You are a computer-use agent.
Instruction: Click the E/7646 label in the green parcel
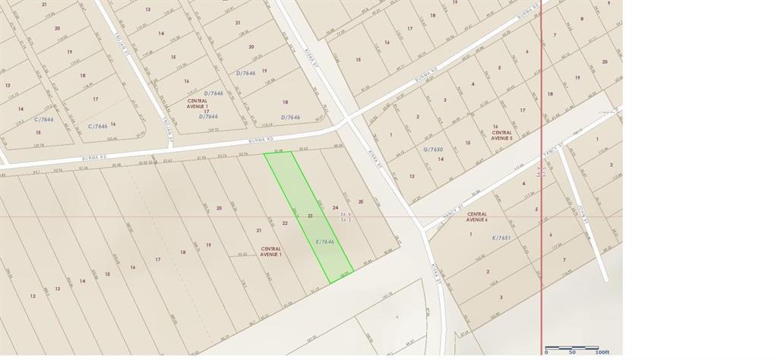(x=325, y=242)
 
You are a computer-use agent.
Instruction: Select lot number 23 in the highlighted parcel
(x=310, y=216)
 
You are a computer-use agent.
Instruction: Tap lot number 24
(x=335, y=207)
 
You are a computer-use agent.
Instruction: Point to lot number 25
(x=361, y=201)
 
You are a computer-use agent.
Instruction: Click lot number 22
(x=285, y=223)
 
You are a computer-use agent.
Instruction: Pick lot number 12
(x=33, y=295)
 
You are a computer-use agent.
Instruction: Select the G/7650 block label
(x=433, y=150)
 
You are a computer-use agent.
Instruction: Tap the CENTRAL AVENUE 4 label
(x=477, y=216)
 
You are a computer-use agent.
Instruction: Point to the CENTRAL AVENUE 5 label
(x=502, y=134)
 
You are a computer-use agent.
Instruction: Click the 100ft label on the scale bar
(x=602, y=352)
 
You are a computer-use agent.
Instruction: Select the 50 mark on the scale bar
(x=572, y=352)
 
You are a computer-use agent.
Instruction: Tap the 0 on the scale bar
(x=546, y=352)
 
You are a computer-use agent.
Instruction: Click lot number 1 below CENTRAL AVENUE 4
(x=471, y=234)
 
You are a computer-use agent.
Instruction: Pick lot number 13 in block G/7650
(x=412, y=175)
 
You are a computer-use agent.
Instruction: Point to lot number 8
(x=582, y=19)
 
